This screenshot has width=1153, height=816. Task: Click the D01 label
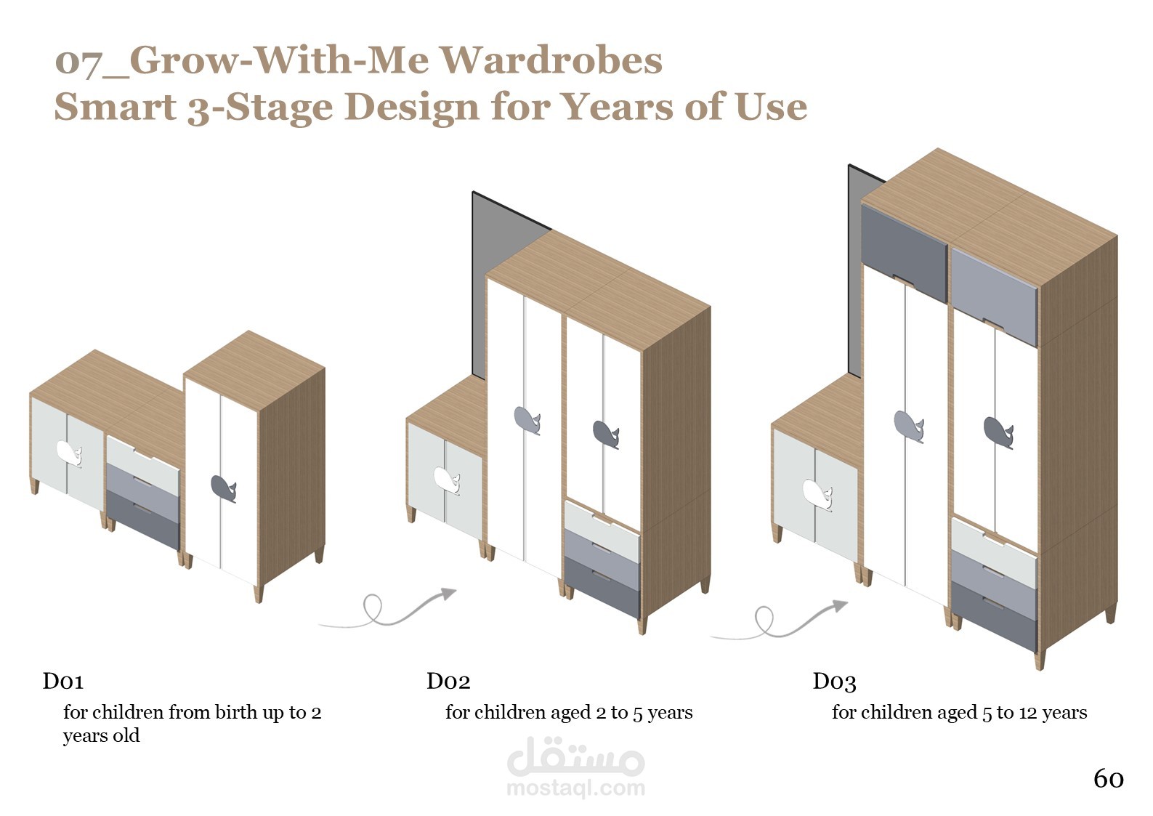(62, 682)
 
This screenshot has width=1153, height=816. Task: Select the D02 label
(448, 682)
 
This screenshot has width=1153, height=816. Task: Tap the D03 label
(834, 682)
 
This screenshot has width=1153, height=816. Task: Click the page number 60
(1108, 779)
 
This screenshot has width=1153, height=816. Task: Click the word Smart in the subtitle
(116, 107)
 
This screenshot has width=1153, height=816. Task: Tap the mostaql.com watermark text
(576, 788)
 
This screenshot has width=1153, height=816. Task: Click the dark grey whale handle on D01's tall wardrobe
(223, 488)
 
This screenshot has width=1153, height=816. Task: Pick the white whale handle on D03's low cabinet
(817, 494)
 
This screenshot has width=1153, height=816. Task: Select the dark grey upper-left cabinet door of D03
(904, 252)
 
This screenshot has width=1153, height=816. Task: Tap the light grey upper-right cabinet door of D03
(993, 296)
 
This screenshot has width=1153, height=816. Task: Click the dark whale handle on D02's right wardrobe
(606, 435)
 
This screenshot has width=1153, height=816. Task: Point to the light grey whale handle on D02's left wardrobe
(527, 420)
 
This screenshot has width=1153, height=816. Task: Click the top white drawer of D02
(602, 530)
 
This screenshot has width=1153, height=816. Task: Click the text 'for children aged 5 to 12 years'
(960, 713)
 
